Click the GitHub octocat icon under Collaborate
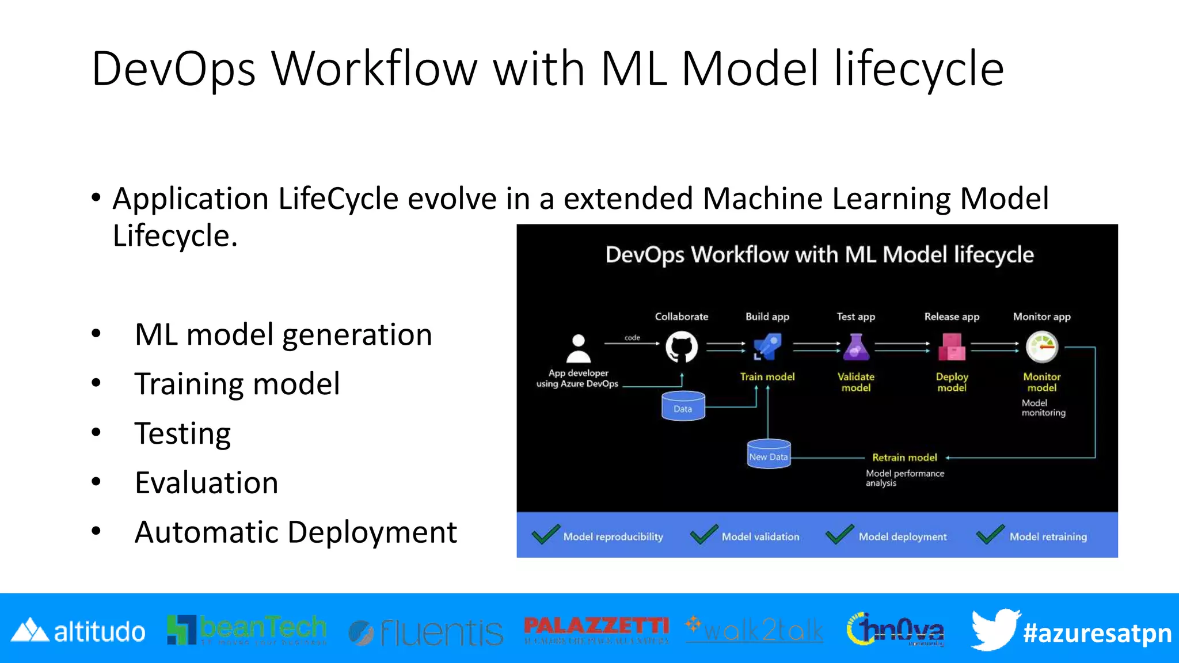(x=682, y=348)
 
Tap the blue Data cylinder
(x=683, y=406)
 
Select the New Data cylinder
(x=768, y=454)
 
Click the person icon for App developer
(x=579, y=349)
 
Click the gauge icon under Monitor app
(x=1042, y=347)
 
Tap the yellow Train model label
(x=767, y=377)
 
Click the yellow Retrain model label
(x=904, y=458)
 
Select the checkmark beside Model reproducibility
(x=546, y=535)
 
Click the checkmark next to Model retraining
(x=990, y=535)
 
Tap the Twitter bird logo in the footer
(x=995, y=629)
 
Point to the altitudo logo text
(x=99, y=632)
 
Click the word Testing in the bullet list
(x=182, y=433)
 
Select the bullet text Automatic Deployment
(x=295, y=532)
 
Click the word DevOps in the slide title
(x=173, y=69)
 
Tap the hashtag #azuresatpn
(x=1097, y=633)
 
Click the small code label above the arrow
(x=632, y=338)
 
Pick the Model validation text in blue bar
(x=760, y=537)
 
